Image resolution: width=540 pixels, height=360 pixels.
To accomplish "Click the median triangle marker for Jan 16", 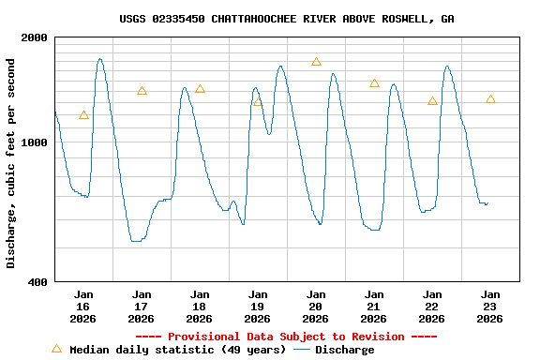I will [x=83, y=115].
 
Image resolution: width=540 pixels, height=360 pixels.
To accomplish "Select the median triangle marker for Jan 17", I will [x=142, y=91].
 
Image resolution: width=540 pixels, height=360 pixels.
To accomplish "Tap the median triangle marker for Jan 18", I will [x=200, y=89].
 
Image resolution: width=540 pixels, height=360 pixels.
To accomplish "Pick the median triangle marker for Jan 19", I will [x=258, y=101].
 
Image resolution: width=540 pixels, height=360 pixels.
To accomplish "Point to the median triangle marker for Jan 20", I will [x=316, y=62].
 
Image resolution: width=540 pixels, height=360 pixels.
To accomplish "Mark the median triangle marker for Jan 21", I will [x=374, y=83].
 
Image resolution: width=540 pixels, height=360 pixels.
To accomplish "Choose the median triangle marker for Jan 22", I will [x=432, y=100].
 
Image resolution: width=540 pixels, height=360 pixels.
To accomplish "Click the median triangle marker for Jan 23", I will [x=490, y=98].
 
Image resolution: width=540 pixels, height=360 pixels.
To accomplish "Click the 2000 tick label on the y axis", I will [x=35, y=37].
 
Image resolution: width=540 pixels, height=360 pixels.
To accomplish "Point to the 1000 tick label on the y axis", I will [x=35, y=143].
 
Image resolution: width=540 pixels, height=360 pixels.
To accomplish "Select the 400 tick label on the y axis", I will [x=38, y=282].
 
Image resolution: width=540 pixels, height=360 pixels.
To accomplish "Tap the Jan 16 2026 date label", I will [x=83, y=307].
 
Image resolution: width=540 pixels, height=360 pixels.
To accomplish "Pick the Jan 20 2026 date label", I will [x=316, y=307].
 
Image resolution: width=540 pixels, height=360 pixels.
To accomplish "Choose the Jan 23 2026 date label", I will [x=490, y=307].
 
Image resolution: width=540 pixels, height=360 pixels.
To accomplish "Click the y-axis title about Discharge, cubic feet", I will [x=11, y=163].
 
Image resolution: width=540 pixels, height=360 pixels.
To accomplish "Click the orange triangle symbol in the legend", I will [x=56, y=349].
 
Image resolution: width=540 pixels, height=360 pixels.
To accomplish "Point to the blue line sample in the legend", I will [x=302, y=350].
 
